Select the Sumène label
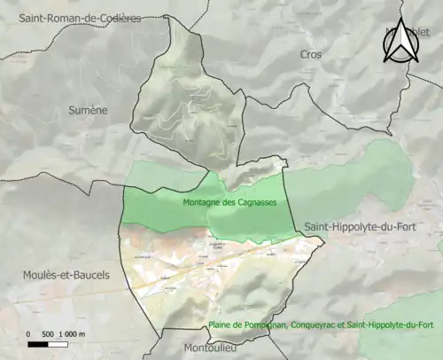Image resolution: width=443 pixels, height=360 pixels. (87, 110)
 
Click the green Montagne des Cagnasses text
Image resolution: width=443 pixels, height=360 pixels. (229, 202)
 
